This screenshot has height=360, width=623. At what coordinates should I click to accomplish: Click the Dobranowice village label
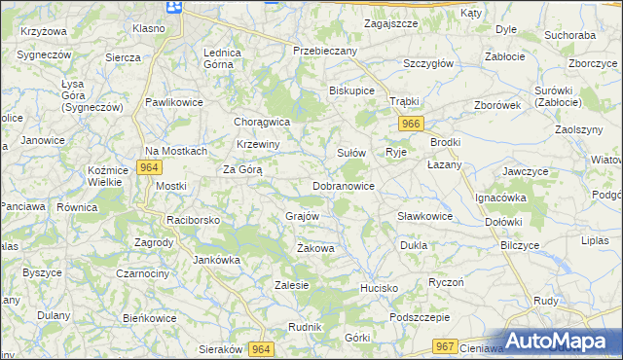344,185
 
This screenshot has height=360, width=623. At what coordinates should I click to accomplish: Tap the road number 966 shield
411,124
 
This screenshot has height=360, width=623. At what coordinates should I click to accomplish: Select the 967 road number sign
446,346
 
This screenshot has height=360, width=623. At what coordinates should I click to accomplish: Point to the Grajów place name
302,215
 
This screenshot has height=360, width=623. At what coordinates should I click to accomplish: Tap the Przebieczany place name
326,50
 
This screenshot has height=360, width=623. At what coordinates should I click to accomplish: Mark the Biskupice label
352,92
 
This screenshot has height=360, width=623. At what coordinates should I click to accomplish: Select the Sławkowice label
424,216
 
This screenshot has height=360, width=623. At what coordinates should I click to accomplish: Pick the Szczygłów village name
428,63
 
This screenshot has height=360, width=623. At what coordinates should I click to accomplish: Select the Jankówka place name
216,260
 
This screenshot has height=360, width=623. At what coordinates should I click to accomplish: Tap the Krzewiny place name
259,144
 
